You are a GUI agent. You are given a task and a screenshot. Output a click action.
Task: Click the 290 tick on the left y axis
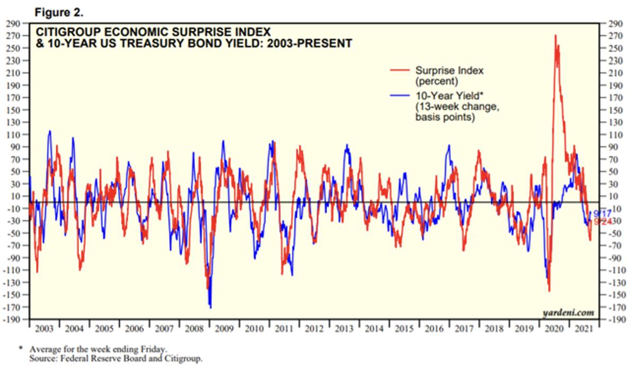coord(13,24)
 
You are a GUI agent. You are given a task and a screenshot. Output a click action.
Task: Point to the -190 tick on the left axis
coord(12,319)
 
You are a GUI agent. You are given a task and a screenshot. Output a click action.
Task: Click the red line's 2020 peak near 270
coord(555,36)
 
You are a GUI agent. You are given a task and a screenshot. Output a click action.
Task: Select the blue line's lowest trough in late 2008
coord(210,307)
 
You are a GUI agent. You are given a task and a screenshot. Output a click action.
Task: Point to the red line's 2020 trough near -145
coord(549,290)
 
